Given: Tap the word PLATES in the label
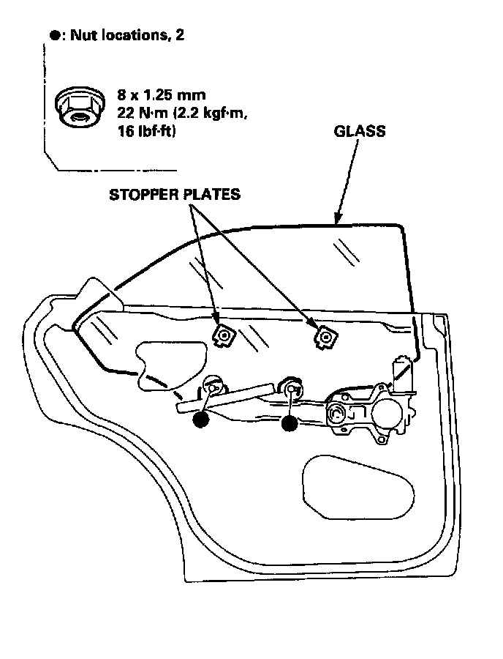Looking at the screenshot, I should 212,195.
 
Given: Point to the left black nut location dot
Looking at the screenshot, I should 200,420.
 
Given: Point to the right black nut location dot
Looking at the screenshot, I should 290,422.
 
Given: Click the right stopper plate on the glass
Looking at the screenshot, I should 322,336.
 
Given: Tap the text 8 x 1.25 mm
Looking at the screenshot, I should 162,95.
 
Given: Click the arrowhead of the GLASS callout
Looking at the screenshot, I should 338,217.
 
